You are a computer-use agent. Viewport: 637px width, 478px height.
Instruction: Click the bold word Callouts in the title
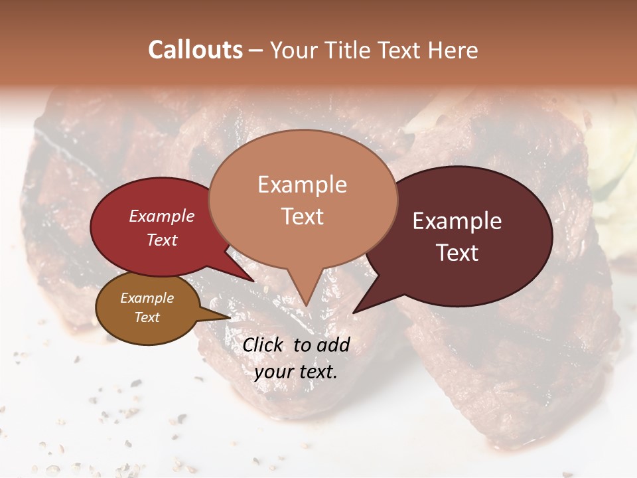[195, 50]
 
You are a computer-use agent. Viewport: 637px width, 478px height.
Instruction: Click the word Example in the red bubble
[162, 216]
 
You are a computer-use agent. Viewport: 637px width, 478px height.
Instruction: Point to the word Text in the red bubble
[162, 240]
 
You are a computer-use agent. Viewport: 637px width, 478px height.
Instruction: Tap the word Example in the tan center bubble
[302, 185]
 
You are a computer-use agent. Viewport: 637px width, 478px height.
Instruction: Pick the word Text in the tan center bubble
[302, 216]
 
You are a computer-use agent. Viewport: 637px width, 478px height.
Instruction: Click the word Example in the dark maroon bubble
[457, 221]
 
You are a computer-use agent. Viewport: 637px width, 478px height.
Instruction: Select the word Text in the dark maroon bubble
[457, 252]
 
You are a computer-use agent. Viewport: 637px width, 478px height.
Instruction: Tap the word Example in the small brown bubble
[147, 298]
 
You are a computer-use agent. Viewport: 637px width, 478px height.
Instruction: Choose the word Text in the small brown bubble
[147, 317]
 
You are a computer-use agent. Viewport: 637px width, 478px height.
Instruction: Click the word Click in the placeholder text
[264, 345]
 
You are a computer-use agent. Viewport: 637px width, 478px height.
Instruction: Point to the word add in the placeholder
[334, 345]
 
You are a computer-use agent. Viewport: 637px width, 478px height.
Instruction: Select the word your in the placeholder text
[274, 372]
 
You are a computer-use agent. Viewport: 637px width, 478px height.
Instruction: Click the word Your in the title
[294, 50]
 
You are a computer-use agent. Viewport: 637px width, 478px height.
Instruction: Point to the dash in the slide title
[256, 50]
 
